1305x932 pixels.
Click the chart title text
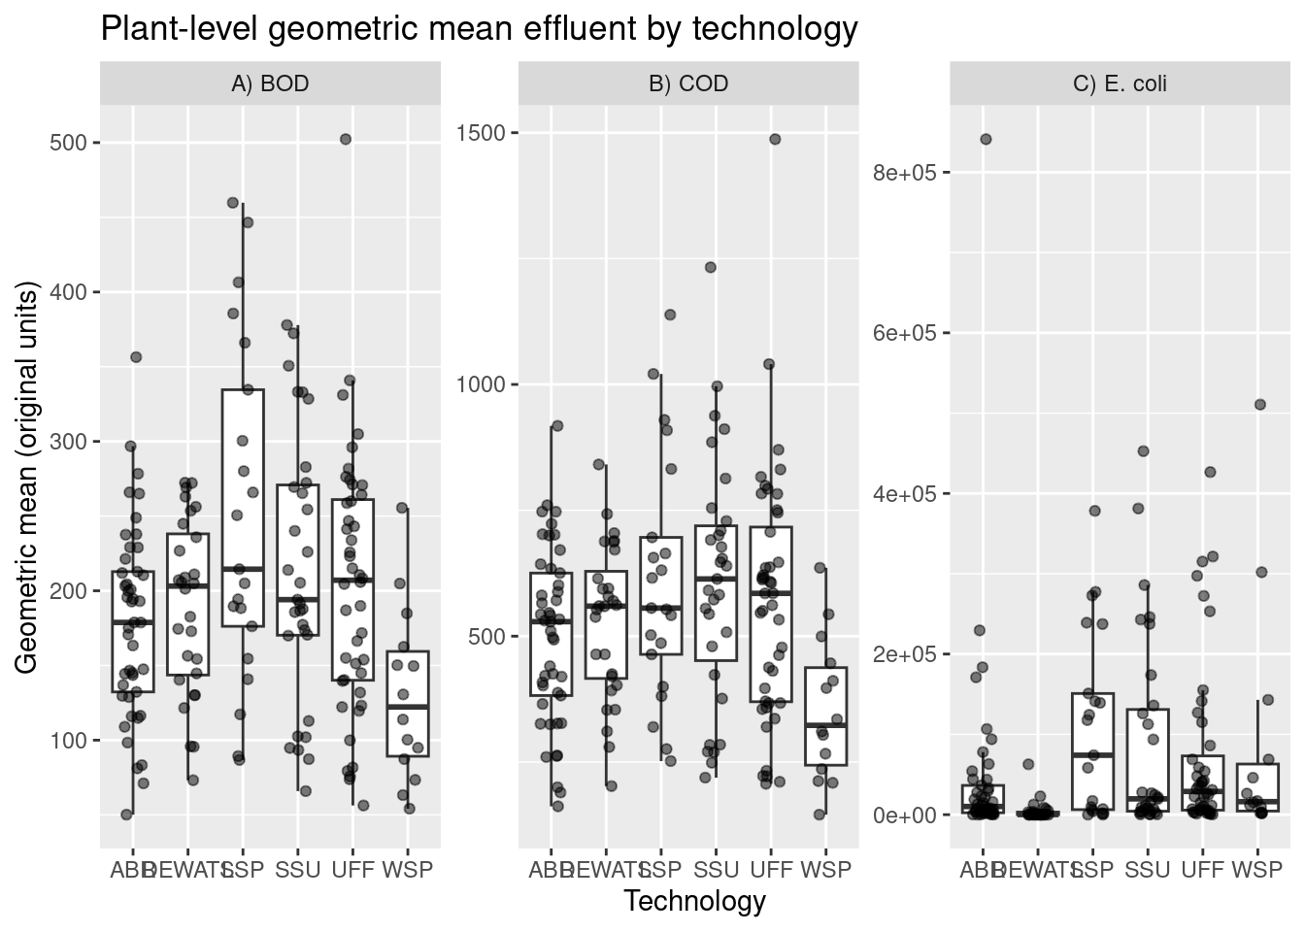click(x=479, y=29)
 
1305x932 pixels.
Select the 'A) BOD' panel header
click(x=270, y=83)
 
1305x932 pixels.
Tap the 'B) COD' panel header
click(x=688, y=83)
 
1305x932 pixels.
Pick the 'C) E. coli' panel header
click(x=1120, y=83)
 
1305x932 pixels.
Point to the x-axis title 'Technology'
click(x=694, y=902)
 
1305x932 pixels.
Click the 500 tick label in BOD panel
click(x=69, y=144)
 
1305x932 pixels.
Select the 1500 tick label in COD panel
click(x=482, y=132)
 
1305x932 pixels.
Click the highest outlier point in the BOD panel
click(x=345, y=140)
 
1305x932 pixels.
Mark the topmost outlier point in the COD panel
click(x=775, y=139)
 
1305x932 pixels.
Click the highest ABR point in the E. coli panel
click(x=986, y=139)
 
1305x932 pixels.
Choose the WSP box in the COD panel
click(x=826, y=716)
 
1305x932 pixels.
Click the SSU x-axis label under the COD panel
click(x=716, y=870)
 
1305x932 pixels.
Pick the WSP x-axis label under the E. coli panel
click(x=1258, y=870)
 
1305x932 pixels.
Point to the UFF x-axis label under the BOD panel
click(x=352, y=870)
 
